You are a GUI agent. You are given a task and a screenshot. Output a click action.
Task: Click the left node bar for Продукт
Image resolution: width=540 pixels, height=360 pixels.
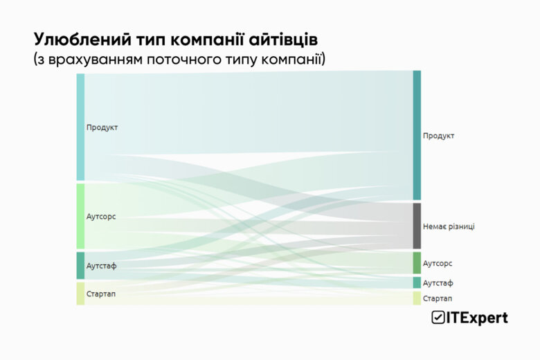[80, 127]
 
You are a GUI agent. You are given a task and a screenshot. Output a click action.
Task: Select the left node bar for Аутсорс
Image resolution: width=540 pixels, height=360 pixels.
[80, 216]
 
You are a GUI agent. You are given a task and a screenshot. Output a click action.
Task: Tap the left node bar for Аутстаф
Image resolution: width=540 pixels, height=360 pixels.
[80, 266]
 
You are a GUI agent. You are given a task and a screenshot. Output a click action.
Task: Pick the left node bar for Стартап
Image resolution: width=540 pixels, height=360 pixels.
[80, 294]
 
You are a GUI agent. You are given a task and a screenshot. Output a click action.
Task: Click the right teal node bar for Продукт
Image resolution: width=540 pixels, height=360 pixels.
[417, 135]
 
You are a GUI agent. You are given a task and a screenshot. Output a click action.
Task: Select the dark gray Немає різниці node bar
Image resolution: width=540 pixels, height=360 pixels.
[417, 226]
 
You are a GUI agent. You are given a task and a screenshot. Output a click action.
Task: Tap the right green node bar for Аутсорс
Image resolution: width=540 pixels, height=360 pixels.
[417, 263]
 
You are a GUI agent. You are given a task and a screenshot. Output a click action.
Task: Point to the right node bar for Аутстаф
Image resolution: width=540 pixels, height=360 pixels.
[417, 282]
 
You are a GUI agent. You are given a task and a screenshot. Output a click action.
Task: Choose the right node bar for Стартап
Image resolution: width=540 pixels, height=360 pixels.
[417, 298]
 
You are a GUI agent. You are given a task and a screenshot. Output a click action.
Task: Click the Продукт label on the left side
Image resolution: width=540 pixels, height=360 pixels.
[102, 127]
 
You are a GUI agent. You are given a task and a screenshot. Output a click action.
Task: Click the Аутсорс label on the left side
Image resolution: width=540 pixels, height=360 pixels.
[101, 217]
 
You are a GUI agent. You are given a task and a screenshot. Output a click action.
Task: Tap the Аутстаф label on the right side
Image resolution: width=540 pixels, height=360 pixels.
[438, 283]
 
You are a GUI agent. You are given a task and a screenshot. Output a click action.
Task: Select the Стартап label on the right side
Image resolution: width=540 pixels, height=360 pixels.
[438, 298]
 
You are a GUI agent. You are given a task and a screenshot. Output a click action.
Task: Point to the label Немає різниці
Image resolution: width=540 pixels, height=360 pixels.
[449, 226]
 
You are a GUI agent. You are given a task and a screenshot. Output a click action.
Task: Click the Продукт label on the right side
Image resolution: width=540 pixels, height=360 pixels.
[439, 136]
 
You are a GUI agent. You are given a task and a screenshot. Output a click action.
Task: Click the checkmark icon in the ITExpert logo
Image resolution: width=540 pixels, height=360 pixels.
[438, 318]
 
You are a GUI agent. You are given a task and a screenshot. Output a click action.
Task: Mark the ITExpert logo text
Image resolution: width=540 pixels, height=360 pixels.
[477, 318]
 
